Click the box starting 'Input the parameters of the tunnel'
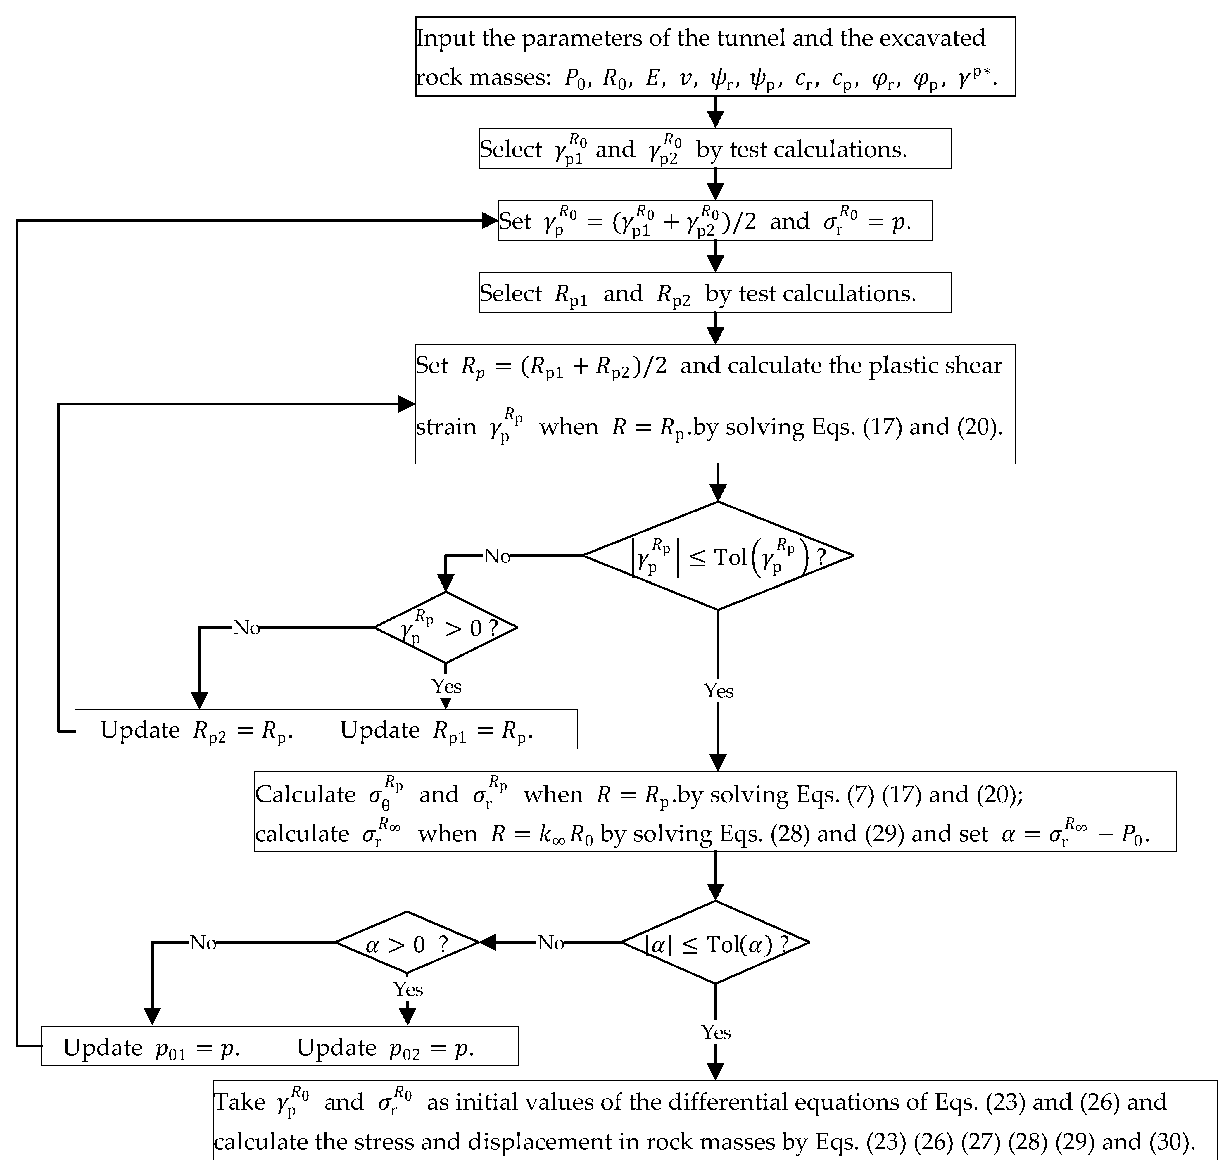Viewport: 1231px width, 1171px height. [x=715, y=57]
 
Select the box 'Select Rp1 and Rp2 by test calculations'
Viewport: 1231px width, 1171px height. [x=715, y=293]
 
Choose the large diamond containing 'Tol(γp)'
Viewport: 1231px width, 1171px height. [x=718, y=556]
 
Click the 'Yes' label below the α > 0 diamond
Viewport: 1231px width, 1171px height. [x=408, y=989]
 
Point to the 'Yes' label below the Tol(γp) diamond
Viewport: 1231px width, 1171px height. [x=719, y=691]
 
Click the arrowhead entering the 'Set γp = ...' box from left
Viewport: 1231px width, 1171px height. [x=490, y=220]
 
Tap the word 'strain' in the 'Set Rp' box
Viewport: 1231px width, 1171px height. [x=446, y=427]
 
